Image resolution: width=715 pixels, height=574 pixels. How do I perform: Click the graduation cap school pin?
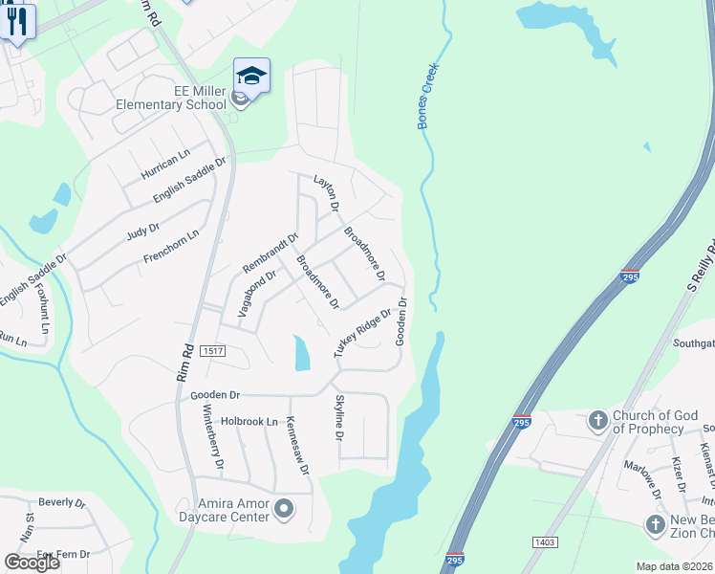point(251,76)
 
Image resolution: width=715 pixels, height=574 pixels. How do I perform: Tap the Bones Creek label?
point(427,97)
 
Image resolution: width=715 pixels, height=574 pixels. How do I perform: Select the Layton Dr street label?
point(327,192)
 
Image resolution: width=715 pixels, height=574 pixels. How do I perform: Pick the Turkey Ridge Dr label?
point(363,333)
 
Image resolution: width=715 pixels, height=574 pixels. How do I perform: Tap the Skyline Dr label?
point(338,418)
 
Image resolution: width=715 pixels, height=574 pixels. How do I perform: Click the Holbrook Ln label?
point(249,421)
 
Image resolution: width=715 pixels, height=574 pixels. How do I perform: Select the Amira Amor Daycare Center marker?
point(283,509)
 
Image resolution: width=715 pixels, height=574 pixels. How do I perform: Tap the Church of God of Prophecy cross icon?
point(597,420)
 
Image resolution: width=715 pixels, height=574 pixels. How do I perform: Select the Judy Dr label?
point(141,231)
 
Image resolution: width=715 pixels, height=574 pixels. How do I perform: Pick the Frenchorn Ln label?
point(170,246)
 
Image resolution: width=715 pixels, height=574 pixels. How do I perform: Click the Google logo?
point(32,563)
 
